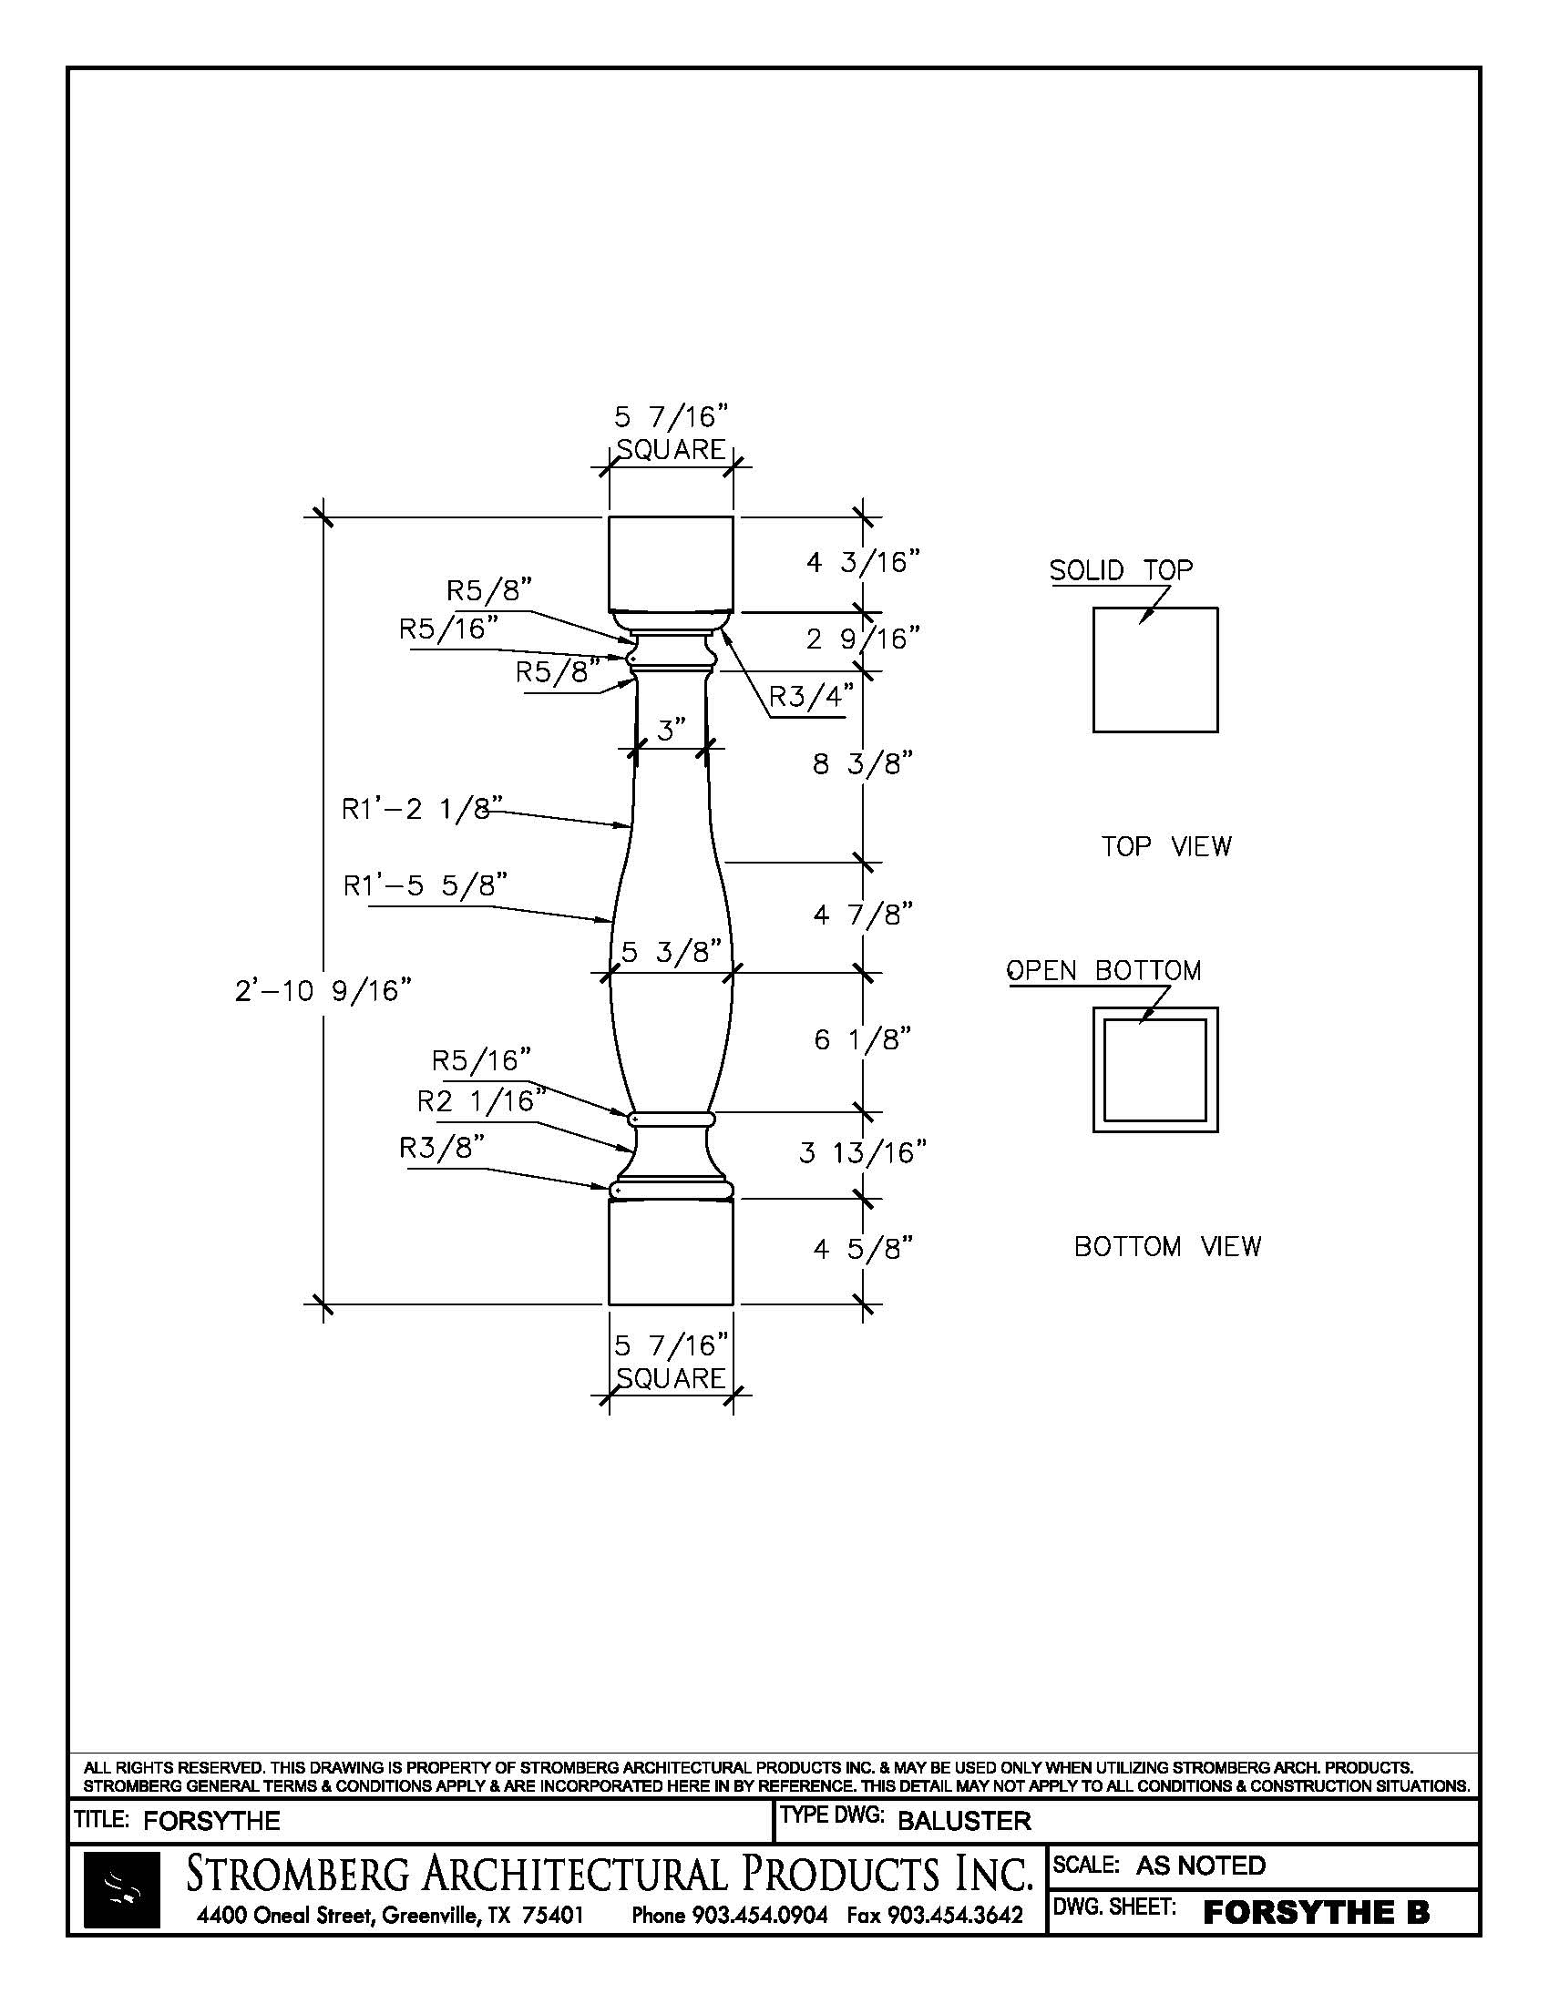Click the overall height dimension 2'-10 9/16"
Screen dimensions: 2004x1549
point(323,991)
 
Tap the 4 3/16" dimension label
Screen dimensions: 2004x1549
point(863,561)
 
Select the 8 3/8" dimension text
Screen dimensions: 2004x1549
point(863,763)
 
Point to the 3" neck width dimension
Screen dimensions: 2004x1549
point(672,731)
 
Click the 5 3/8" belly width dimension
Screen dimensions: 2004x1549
point(671,952)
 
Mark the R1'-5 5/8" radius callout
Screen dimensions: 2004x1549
point(425,885)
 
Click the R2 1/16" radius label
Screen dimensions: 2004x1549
point(482,1100)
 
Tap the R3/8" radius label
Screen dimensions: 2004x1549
point(441,1148)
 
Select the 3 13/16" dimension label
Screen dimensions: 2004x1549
point(863,1152)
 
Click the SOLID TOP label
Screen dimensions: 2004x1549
point(1122,570)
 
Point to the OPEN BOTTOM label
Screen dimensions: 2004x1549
point(1104,971)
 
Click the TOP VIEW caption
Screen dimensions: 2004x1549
point(1166,846)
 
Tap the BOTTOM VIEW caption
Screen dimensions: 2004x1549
point(1167,1246)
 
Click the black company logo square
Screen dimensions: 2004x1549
point(122,1890)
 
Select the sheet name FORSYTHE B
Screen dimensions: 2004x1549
point(1316,1912)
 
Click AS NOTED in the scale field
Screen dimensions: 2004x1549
point(1200,1866)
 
